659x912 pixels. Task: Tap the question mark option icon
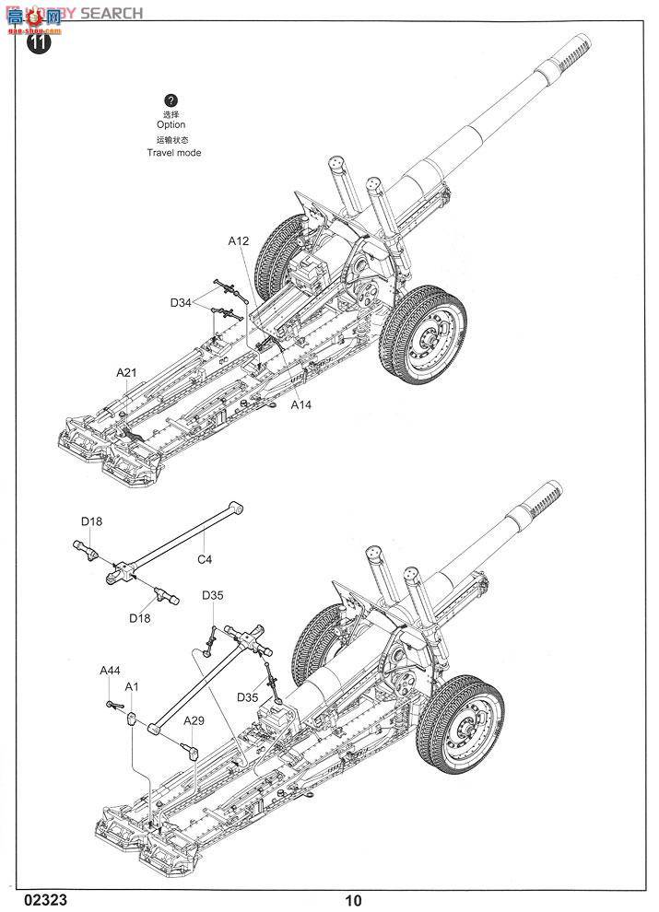coord(171,100)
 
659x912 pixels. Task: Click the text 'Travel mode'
coord(173,153)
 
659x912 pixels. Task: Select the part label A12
coord(239,241)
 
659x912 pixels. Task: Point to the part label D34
coord(181,302)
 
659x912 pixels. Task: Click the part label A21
coord(126,372)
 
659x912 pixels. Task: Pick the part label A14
coord(301,404)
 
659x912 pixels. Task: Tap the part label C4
coord(205,558)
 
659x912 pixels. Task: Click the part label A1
coord(132,687)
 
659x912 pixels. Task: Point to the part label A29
coord(193,720)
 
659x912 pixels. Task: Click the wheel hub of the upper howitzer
coord(429,344)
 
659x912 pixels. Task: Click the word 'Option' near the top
coord(171,124)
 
